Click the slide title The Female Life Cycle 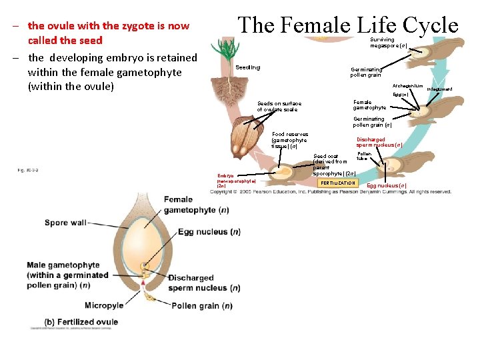pyautogui.click(x=348, y=25)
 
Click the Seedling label pyautogui.click(x=248, y=67)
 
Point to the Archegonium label pyautogui.click(x=407, y=86)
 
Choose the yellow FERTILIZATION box pyautogui.click(x=337, y=183)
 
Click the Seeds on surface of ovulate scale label pyautogui.click(x=279, y=107)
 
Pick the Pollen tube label pyautogui.click(x=364, y=156)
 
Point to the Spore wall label pyautogui.click(x=65, y=223)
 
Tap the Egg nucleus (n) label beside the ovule pyautogui.click(x=209, y=232)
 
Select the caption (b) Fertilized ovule pyautogui.click(x=81, y=322)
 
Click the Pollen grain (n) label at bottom pyautogui.click(x=201, y=306)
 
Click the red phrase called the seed pyautogui.click(x=65, y=41)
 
